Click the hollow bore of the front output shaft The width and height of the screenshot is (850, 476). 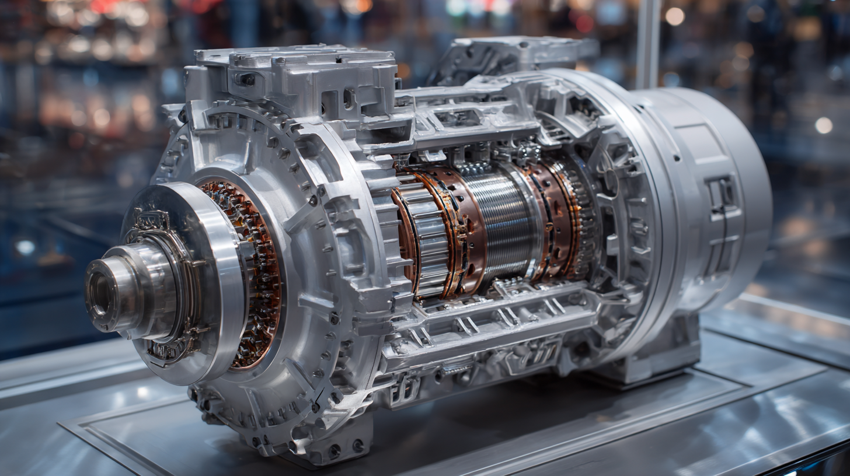click(x=99, y=290)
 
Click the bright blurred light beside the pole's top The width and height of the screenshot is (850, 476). click(x=674, y=16)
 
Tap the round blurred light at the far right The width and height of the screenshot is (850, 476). click(x=823, y=125)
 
